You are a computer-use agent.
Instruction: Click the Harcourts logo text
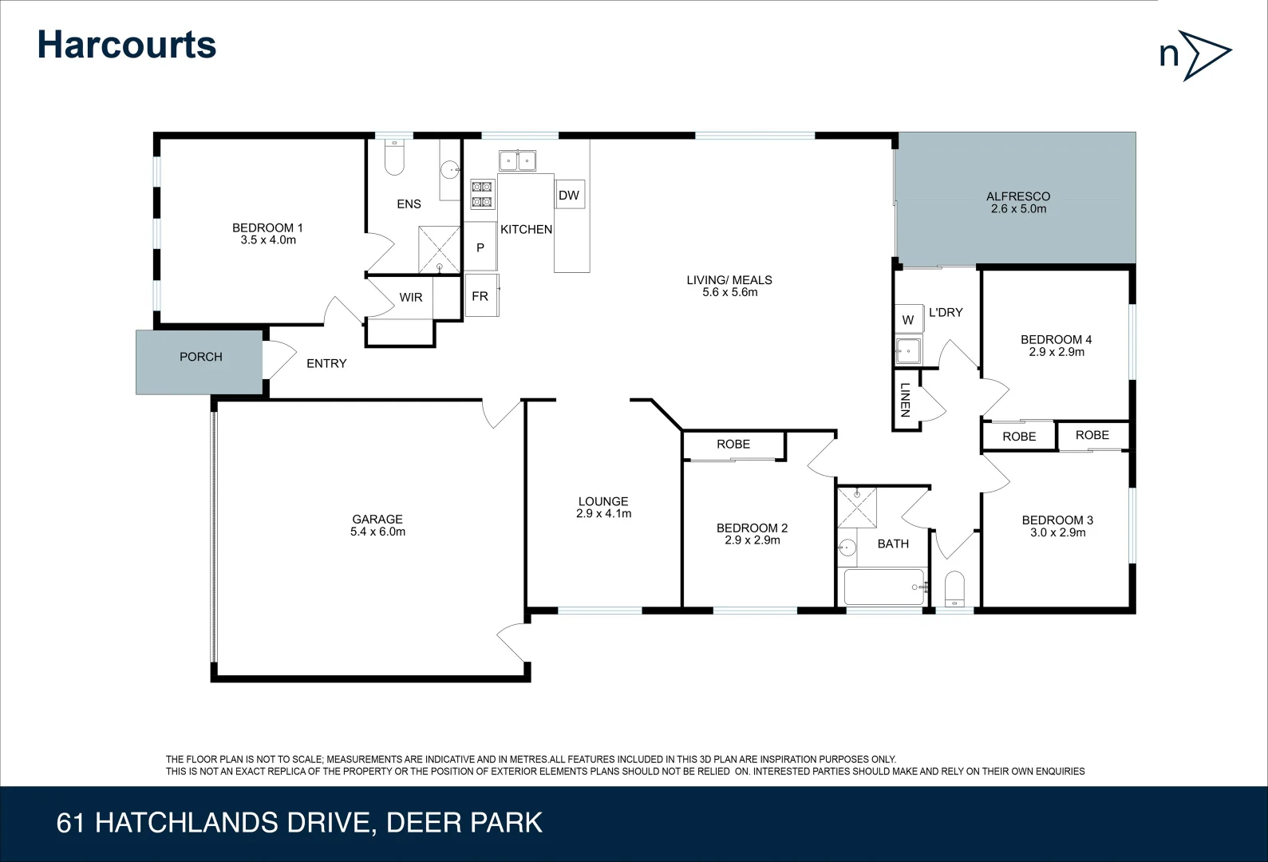[x=127, y=45]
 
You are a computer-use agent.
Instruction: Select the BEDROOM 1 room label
[x=267, y=227]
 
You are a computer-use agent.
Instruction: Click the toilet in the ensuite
[x=395, y=158]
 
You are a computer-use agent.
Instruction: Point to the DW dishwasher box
[x=569, y=196]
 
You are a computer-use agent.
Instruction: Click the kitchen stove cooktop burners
[x=482, y=195]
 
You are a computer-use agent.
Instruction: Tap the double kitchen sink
[x=517, y=160]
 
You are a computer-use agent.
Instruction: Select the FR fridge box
[x=480, y=296]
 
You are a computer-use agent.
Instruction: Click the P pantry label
[x=480, y=248]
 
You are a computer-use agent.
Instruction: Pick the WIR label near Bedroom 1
[x=411, y=298]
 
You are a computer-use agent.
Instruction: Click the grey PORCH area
[x=199, y=362]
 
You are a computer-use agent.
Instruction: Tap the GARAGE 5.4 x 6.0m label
[x=377, y=525]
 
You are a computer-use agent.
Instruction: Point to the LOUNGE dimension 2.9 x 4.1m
[x=603, y=514]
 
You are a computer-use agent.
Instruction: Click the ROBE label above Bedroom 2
[x=733, y=445]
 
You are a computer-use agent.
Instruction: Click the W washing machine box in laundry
[x=908, y=319]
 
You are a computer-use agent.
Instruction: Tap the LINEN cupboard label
[x=905, y=400]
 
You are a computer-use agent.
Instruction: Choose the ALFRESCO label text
[x=1017, y=196]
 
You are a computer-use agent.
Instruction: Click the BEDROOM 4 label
[x=1056, y=339]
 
